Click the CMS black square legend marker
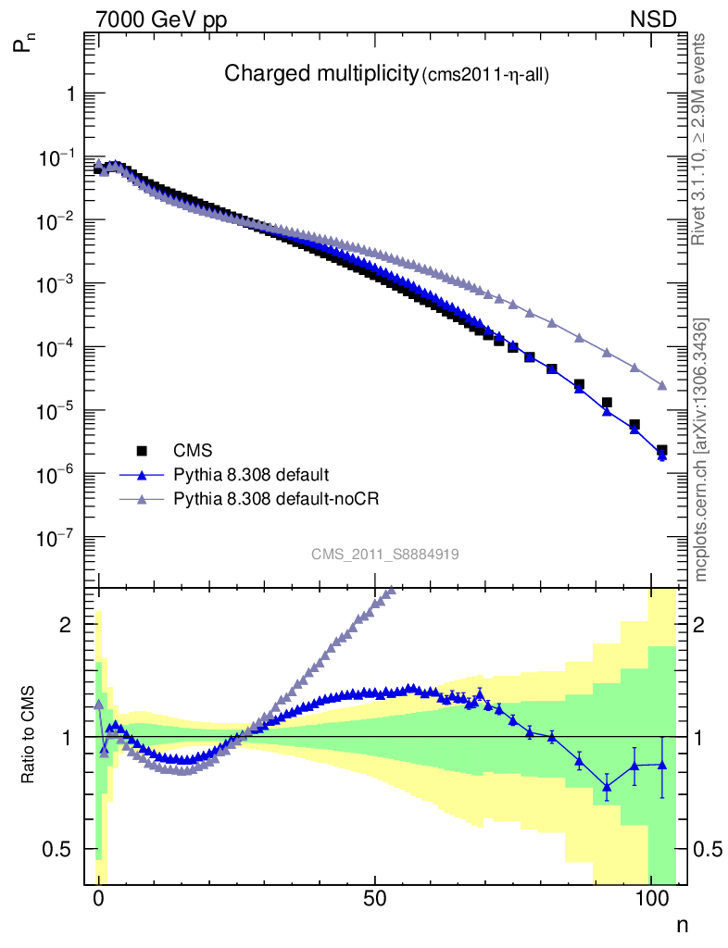143,451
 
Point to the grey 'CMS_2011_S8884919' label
385,555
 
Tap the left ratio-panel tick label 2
66,625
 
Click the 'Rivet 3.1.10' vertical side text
699,139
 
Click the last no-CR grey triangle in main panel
662,385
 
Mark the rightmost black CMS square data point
662,451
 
